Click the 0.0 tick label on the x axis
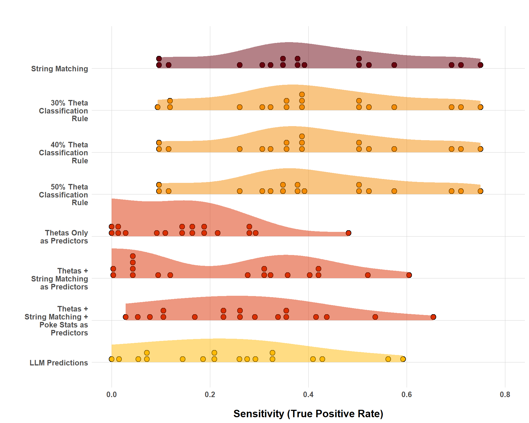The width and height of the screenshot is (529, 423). (111, 395)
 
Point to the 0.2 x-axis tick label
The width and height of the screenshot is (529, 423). (210, 395)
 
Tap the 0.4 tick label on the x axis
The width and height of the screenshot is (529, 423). (308, 395)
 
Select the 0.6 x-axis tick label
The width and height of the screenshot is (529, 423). (407, 395)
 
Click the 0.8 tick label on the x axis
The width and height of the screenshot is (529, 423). (505, 395)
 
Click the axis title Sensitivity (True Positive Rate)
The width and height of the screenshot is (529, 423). (308, 414)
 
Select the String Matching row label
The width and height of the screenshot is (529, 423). (60, 69)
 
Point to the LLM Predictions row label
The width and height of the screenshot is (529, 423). (59, 363)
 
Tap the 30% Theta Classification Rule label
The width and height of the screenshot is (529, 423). (63, 111)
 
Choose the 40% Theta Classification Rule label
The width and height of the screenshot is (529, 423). (63, 153)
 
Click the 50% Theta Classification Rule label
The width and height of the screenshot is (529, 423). (63, 195)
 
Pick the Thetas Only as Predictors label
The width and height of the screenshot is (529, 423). (64, 237)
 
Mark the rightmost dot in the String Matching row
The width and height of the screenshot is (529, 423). (481, 65)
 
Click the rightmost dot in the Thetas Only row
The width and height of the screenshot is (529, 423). (349, 233)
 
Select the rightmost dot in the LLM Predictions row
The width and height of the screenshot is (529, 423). (403, 359)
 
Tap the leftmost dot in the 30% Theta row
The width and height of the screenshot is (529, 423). (158, 107)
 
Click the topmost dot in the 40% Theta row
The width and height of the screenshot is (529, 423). (302, 136)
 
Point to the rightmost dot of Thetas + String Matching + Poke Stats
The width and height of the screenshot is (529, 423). (433, 317)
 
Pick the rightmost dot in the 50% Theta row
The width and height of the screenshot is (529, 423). (481, 191)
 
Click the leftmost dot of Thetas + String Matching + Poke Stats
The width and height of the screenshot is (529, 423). (126, 317)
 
